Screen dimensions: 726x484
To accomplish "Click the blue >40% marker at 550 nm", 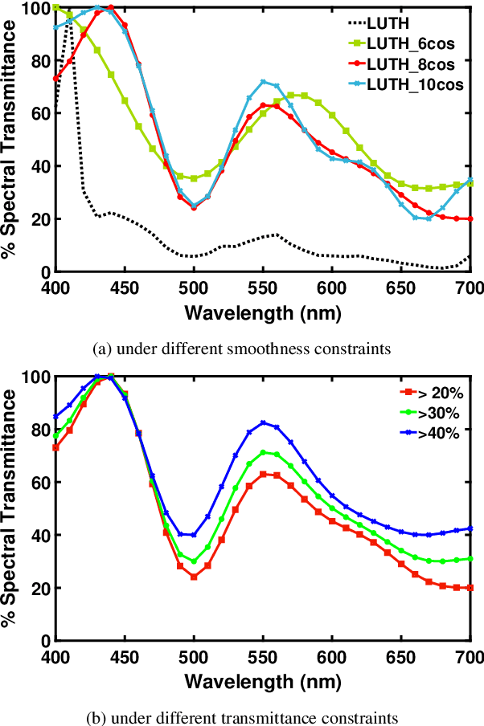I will [x=263, y=422].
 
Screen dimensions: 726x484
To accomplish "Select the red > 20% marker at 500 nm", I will [x=194, y=577].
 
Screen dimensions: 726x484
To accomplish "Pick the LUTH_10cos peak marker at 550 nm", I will [x=263, y=82].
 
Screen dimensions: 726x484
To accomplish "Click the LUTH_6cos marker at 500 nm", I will [x=194, y=178].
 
